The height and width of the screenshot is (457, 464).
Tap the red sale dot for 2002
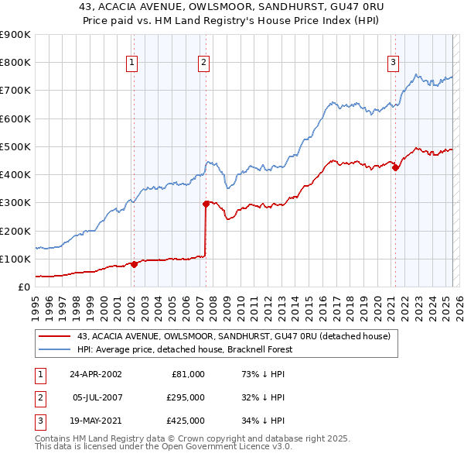coord(134,264)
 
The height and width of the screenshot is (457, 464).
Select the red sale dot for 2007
coord(206,204)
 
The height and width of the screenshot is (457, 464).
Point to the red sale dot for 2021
coord(395,167)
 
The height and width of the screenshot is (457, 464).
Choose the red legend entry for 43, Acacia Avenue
coord(232,336)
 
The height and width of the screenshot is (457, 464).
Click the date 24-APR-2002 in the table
coord(95,374)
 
